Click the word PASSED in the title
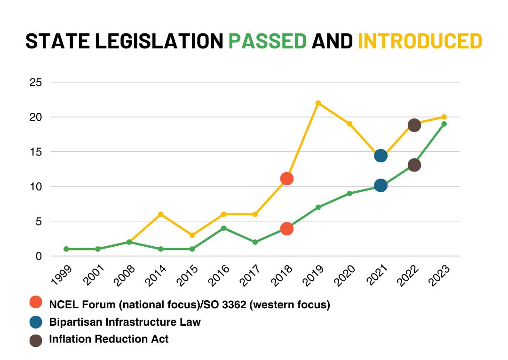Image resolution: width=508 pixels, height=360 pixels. pyautogui.click(x=267, y=41)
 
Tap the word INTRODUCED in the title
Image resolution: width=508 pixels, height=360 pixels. pyautogui.click(x=420, y=41)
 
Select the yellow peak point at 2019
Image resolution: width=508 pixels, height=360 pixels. pyautogui.click(x=318, y=103)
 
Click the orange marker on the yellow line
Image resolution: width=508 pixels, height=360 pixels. pyautogui.click(x=287, y=179)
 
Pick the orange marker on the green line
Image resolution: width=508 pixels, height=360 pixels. pyautogui.click(x=287, y=229)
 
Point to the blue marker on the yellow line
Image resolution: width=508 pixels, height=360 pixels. pyautogui.click(x=381, y=156)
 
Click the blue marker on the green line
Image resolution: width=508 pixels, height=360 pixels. pyautogui.click(x=381, y=186)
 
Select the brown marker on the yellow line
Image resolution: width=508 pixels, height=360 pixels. pyautogui.click(x=414, y=125)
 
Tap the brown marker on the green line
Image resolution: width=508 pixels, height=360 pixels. pyautogui.click(x=414, y=165)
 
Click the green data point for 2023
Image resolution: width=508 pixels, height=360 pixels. pyautogui.click(x=444, y=124)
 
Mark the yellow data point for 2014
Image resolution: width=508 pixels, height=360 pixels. pyautogui.click(x=161, y=214)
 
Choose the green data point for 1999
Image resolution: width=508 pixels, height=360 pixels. pyautogui.click(x=66, y=249)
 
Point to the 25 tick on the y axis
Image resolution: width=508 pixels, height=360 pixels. pyautogui.click(x=36, y=82)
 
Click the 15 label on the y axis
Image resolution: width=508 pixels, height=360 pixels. pyautogui.click(x=36, y=152)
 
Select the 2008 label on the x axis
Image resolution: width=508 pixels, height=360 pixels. pyautogui.click(x=124, y=276)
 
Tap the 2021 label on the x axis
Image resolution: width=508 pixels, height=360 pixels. pyautogui.click(x=377, y=276)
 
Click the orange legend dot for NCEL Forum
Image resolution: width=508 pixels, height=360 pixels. pyautogui.click(x=36, y=302)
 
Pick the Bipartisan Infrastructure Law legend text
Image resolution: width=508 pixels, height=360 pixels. pyautogui.click(x=125, y=322)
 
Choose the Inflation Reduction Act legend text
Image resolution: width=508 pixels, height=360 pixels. pyautogui.click(x=109, y=339)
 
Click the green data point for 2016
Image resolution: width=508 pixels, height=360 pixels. pyautogui.click(x=223, y=228)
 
